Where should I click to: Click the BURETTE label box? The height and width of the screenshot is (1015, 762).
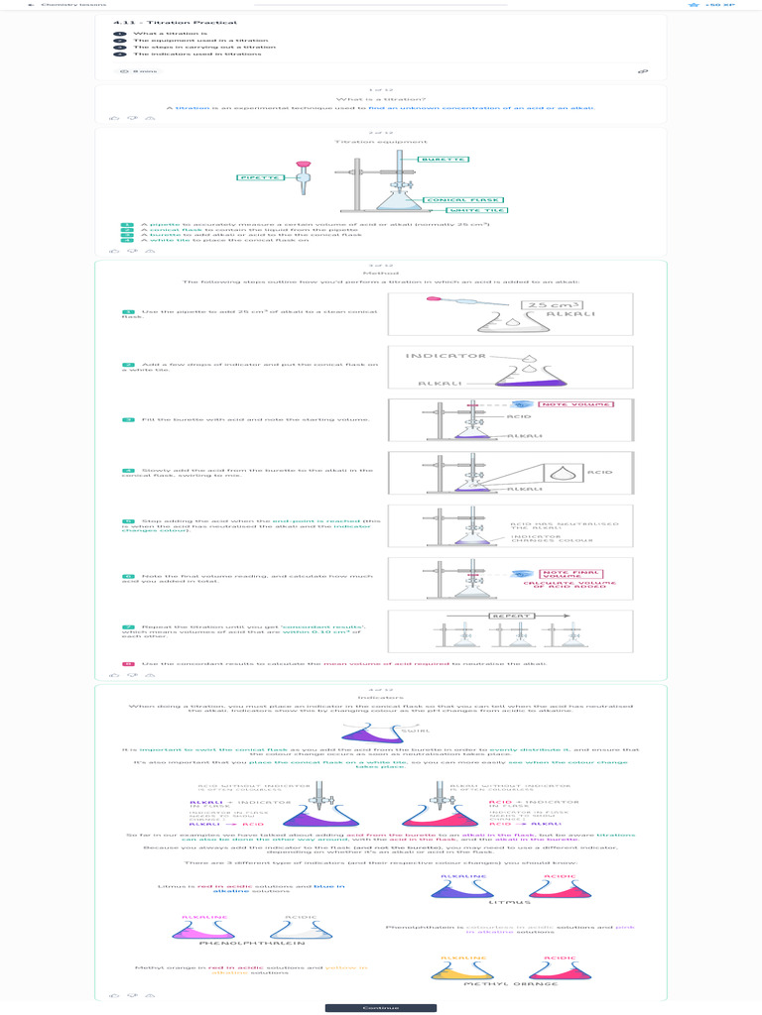[x=443, y=160]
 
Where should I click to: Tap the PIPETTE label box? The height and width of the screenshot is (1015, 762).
[x=261, y=177]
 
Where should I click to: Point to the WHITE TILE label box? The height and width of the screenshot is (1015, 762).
[x=478, y=210]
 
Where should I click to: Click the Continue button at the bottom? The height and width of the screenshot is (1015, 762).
[x=380, y=1007]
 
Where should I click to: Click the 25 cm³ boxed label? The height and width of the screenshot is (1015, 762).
[x=554, y=305]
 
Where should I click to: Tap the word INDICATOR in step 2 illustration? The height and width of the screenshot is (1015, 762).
[x=445, y=355]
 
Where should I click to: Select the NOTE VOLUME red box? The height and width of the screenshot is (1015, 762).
[x=575, y=404]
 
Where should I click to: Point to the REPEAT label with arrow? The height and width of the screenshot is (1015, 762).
[x=513, y=616]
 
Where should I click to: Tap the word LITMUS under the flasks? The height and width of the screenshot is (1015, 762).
[x=504, y=902]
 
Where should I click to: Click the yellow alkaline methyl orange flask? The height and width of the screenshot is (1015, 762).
[x=462, y=970]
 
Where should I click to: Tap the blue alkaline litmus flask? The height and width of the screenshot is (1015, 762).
[x=462, y=889]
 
